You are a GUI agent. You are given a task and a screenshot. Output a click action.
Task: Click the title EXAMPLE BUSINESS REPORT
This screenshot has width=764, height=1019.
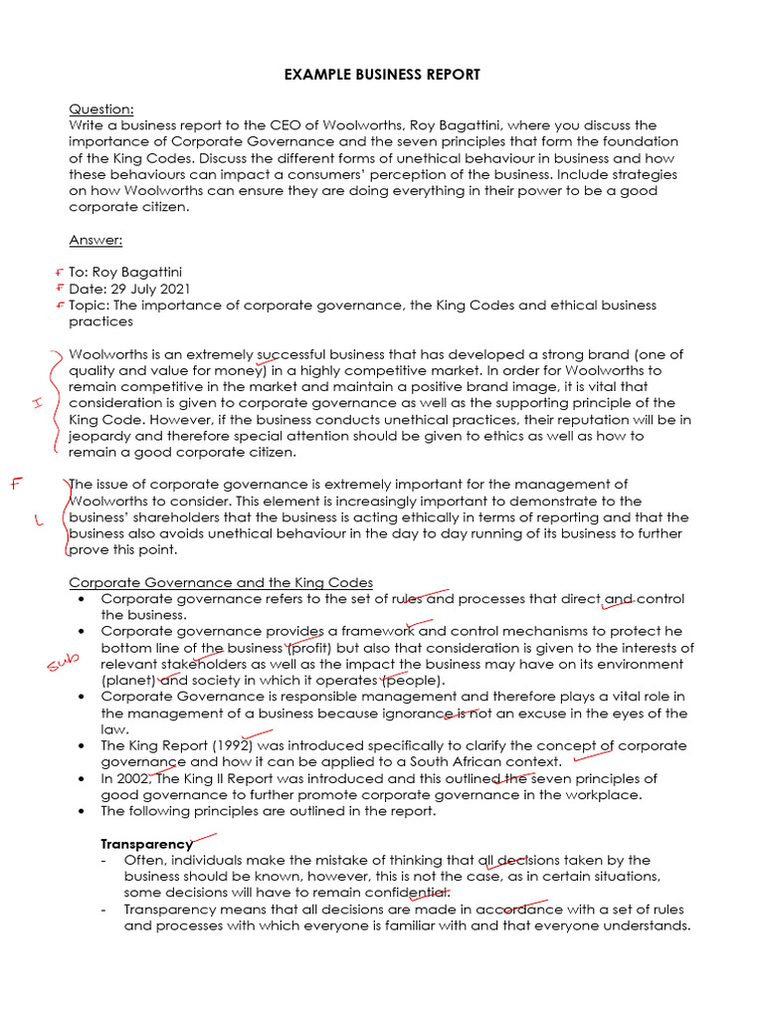(x=382, y=75)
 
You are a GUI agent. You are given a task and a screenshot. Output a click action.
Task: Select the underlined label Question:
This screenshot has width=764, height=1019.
(x=100, y=109)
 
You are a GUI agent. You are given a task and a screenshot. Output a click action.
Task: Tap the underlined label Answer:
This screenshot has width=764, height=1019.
(x=95, y=240)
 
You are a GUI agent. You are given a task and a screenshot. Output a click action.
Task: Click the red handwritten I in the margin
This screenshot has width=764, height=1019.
(x=36, y=402)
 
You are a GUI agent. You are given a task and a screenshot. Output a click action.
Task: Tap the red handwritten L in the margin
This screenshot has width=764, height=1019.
(x=39, y=519)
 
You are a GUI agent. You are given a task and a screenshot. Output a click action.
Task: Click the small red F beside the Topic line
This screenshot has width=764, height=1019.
(x=61, y=306)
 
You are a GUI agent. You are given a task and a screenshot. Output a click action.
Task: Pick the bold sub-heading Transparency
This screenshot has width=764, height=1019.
(x=146, y=844)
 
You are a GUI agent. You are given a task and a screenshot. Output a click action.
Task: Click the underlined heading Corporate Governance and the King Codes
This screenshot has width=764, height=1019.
(x=221, y=582)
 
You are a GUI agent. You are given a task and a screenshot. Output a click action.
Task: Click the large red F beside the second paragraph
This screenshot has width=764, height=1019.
(x=15, y=484)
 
